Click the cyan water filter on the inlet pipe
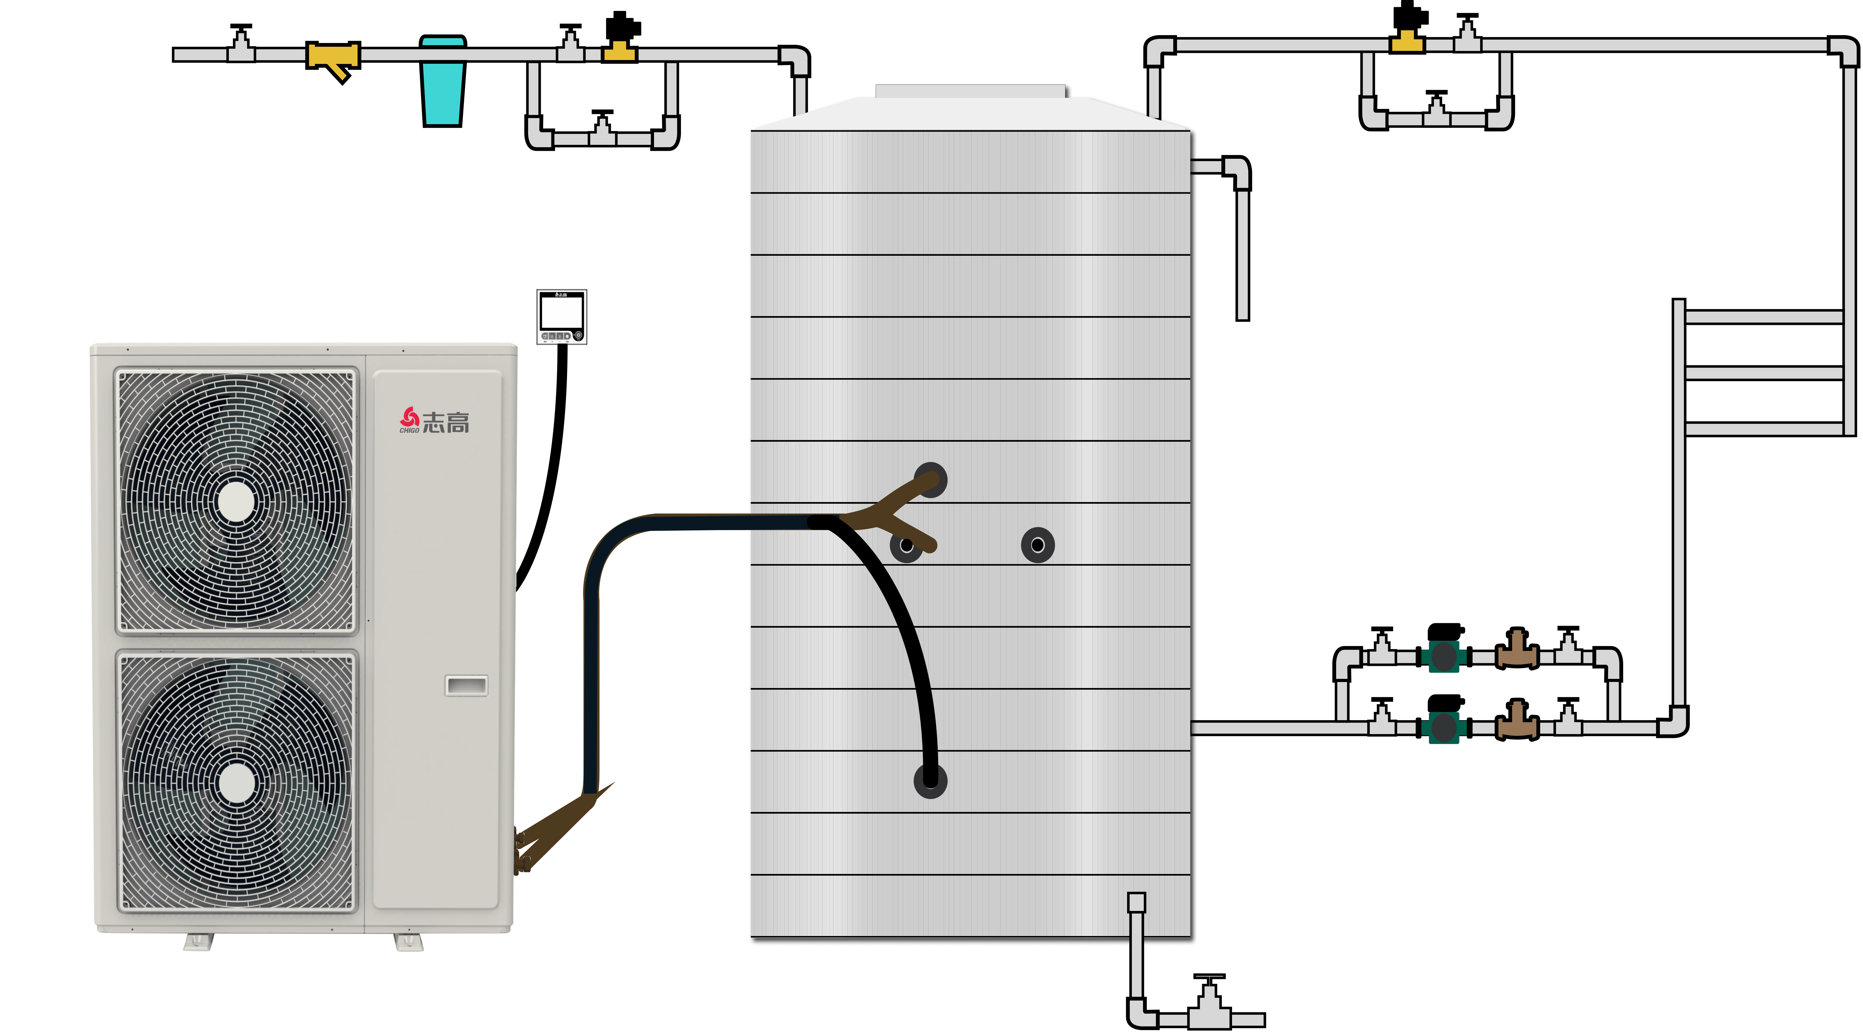pos(442,81)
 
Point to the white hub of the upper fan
pos(236,500)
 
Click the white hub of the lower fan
pos(236,783)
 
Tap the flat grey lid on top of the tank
pos(971,90)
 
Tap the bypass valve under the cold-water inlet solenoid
pos(602,130)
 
